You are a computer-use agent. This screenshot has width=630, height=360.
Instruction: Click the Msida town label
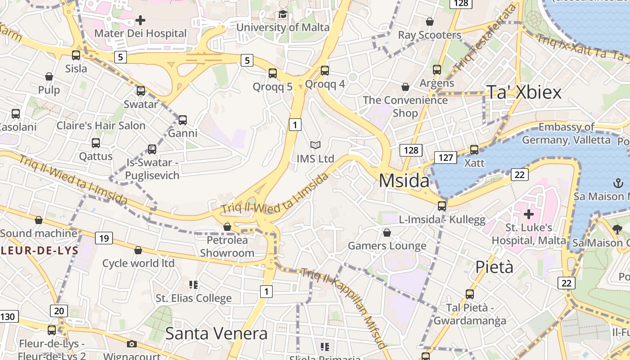pyautogui.click(x=404, y=180)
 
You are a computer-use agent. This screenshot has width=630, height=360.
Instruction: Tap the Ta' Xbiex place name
pyautogui.click(x=524, y=92)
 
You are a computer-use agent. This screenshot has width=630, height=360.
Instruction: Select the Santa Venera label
pyautogui.click(x=216, y=333)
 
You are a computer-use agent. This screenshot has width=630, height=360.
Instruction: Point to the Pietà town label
pyautogui.click(x=494, y=267)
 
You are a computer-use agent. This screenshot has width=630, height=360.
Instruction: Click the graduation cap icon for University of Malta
pyautogui.click(x=283, y=14)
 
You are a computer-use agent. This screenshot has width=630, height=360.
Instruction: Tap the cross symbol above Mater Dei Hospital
pyautogui.click(x=140, y=20)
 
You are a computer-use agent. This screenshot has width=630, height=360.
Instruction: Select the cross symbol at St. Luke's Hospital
pyautogui.click(x=528, y=214)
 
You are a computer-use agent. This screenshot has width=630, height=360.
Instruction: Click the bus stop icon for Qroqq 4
pyautogui.click(x=325, y=71)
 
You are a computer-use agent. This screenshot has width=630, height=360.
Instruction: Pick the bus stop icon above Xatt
pyautogui.click(x=474, y=150)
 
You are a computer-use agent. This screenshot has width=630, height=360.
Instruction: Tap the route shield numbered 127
pyautogui.click(x=445, y=157)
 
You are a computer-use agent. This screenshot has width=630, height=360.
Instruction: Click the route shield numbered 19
pyautogui.click(x=104, y=238)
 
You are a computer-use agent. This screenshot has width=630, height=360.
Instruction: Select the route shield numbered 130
pyautogui.click(x=8, y=316)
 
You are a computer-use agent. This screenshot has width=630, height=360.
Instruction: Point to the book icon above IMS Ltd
pyautogui.click(x=315, y=145)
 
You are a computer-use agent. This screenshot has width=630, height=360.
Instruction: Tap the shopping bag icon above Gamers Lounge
pyautogui.click(x=387, y=233)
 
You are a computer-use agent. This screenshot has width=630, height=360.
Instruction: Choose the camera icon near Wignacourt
pyautogui.click(x=131, y=344)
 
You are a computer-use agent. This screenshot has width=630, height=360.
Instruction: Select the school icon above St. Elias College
pyautogui.click(x=193, y=284)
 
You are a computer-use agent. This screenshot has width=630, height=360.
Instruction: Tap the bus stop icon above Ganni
pyautogui.click(x=183, y=120)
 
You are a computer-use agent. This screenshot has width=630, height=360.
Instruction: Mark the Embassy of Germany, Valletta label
pyautogui.click(x=566, y=133)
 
